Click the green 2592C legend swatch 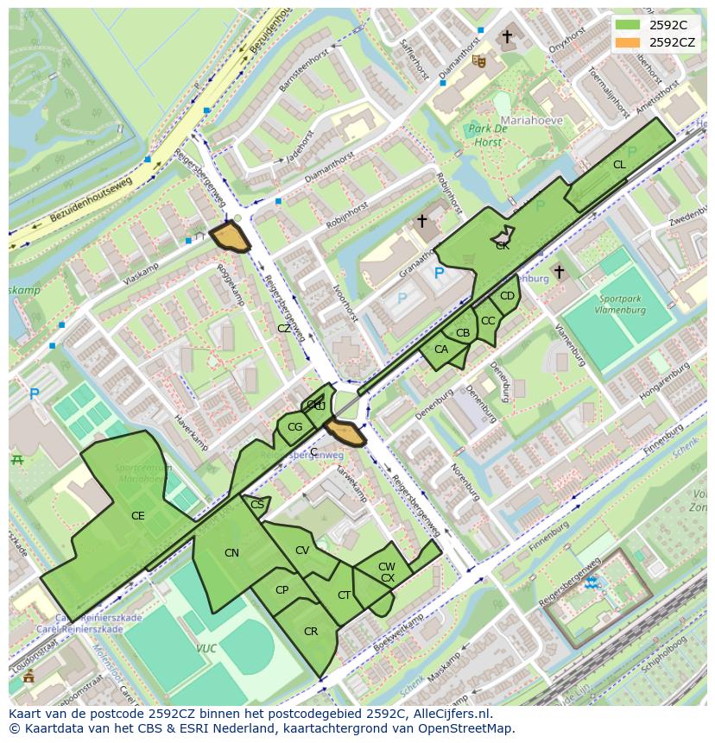point(629,25)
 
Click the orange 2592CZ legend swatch point(629,41)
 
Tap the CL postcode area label point(619,165)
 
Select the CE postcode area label point(137,516)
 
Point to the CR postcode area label point(311,632)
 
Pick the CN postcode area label point(231,553)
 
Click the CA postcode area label point(440,349)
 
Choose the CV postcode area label point(302,551)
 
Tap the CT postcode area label point(344,595)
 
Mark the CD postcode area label point(507,296)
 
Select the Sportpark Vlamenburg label point(621,304)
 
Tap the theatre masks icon point(478,60)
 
